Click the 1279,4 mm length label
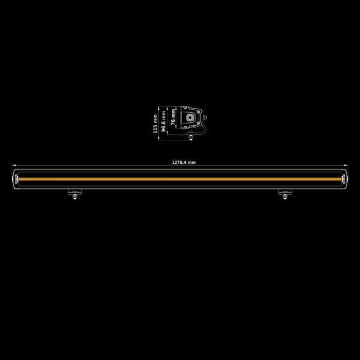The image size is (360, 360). click(x=184, y=162)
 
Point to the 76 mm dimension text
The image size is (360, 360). click(x=173, y=119)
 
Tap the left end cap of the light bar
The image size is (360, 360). click(x=17, y=179)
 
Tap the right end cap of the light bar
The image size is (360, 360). click(x=344, y=179)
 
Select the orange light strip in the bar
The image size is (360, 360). click(x=180, y=179)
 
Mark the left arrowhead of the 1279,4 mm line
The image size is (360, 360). click(x=12, y=166)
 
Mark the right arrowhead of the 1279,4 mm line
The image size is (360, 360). click(x=349, y=166)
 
